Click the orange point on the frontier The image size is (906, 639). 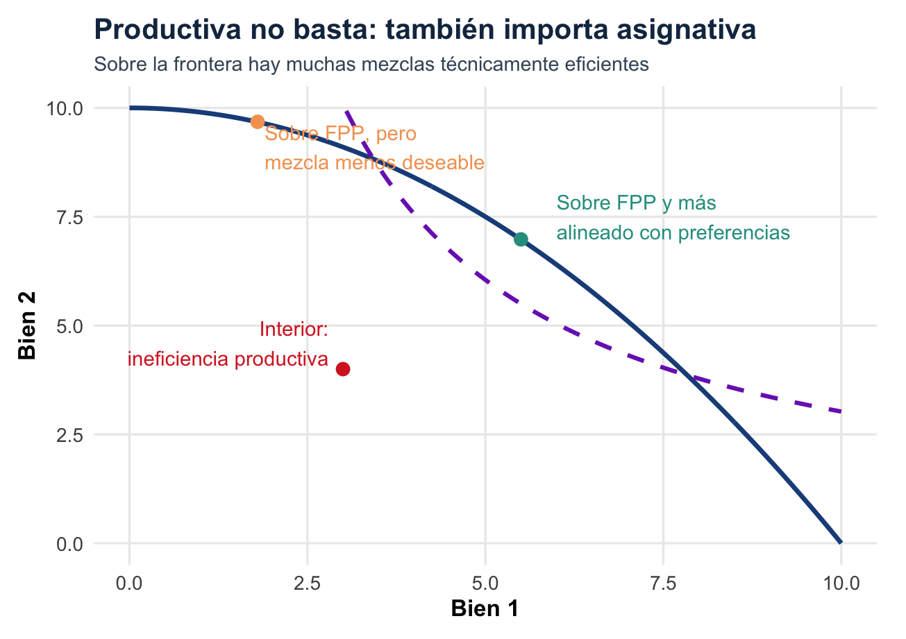point(258,121)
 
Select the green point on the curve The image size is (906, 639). point(521,239)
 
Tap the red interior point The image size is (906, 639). point(343,368)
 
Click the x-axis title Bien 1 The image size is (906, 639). point(485,608)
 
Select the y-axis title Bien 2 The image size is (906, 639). point(28,326)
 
